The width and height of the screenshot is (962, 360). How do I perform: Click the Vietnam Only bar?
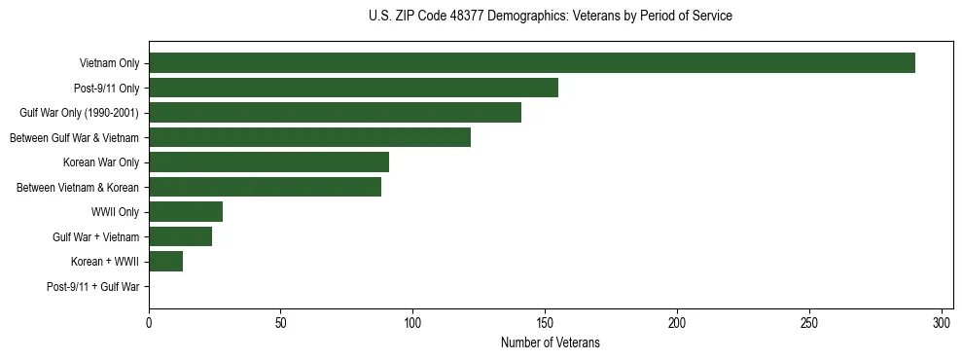click(531, 63)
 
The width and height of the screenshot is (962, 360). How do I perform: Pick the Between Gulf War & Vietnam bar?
click(309, 137)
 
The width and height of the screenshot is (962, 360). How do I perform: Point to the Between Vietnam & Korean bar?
click(265, 187)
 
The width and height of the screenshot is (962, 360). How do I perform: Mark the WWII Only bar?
click(186, 212)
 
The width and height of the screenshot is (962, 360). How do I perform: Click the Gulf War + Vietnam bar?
click(180, 236)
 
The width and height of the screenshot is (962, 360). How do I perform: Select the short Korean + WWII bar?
click(165, 262)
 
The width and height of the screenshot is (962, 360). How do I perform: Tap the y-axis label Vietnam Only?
click(110, 64)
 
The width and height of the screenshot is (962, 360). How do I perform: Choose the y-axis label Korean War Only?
click(101, 162)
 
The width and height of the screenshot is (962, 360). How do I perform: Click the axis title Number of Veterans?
click(550, 343)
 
